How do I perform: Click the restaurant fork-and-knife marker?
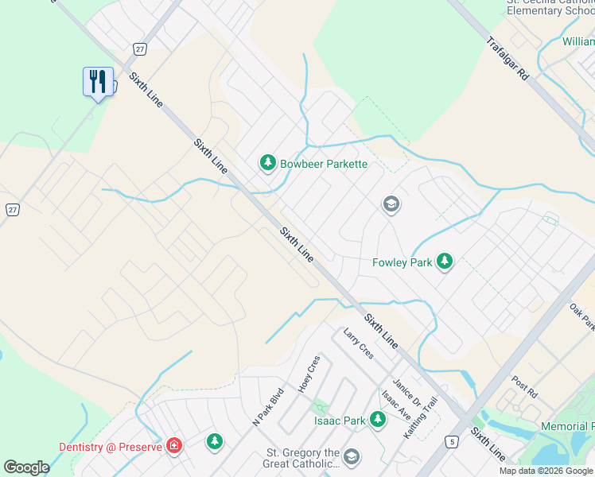click(97, 82)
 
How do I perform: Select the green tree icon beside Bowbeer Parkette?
click(268, 164)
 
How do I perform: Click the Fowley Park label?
click(402, 262)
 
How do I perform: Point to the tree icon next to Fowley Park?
click(445, 262)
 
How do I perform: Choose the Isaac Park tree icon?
click(378, 420)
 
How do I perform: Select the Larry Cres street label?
click(358, 343)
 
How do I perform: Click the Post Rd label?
click(525, 387)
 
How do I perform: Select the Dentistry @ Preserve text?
click(110, 447)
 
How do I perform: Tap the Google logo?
click(26, 467)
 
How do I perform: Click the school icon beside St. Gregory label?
click(352, 458)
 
